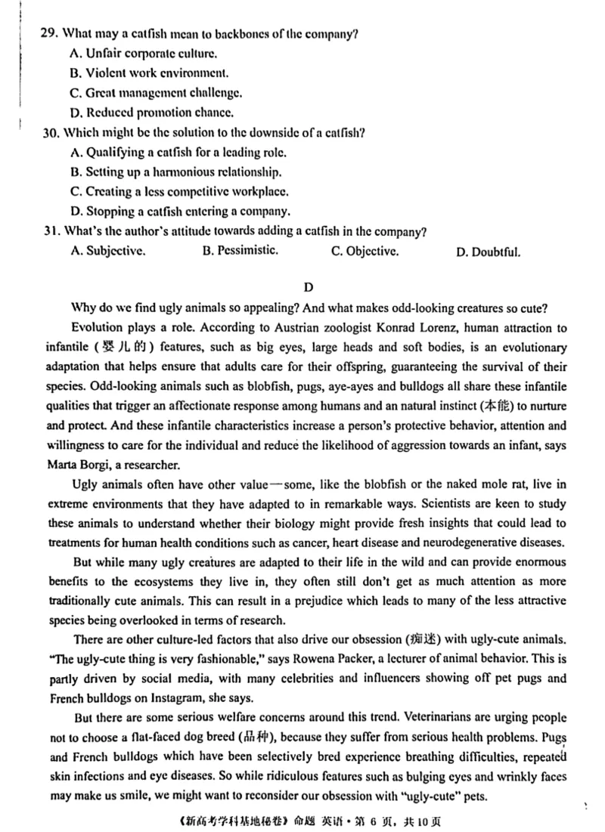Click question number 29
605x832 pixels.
point(51,34)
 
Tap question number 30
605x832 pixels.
point(51,132)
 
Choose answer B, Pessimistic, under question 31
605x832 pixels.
point(240,250)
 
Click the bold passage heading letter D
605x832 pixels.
point(307,287)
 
